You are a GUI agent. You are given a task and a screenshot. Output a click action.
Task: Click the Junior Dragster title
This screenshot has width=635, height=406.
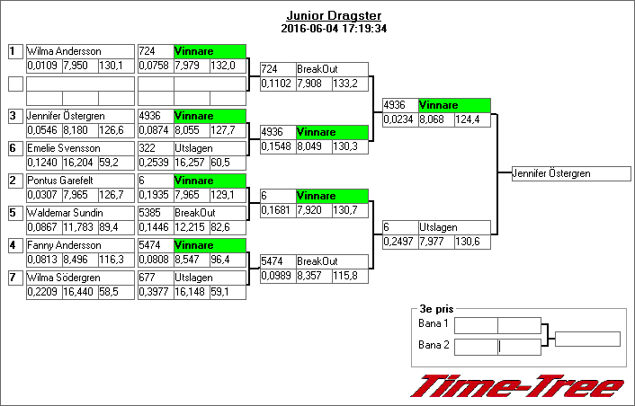click(334, 16)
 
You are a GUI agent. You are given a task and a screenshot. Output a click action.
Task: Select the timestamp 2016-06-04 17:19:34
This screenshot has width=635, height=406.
click(334, 29)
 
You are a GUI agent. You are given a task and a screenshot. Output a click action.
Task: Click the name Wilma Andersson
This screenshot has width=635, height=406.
click(64, 51)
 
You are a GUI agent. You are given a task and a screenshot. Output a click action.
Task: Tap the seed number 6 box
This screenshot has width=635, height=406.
click(15, 148)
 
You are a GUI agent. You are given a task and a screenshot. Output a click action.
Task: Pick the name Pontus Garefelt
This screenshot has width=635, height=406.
click(60, 181)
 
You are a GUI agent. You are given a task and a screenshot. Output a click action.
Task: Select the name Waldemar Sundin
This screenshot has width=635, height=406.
click(65, 213)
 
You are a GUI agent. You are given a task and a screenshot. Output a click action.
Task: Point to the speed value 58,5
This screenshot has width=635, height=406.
click(109, 292)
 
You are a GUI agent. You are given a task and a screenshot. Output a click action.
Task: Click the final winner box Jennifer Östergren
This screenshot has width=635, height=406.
click(571, 173)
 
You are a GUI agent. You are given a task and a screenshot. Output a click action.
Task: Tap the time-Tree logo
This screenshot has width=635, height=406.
click(517, 385)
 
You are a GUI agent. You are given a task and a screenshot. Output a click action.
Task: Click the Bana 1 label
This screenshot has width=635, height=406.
click(434, 323)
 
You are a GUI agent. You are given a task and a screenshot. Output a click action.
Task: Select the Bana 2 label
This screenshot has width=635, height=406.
click(434, 345)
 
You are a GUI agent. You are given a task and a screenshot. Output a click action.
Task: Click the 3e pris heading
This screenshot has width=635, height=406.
click(436, 309)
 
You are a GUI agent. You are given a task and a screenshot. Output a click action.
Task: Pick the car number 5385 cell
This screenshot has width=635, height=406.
click(156, 213)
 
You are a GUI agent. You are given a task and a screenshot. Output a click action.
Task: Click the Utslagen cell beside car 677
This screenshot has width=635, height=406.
click(210, 278)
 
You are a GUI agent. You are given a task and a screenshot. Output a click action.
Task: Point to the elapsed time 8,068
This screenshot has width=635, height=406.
click(436, 119)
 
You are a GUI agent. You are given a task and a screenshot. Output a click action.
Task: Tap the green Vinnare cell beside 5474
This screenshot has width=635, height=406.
click(210, 245)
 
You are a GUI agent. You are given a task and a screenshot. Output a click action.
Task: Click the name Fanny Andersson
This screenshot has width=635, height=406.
click(64, 245)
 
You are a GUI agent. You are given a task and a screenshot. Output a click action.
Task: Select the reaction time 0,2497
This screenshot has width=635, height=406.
click(398, 242)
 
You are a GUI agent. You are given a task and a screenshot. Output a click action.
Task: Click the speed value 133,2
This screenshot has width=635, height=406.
click(345, 84)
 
